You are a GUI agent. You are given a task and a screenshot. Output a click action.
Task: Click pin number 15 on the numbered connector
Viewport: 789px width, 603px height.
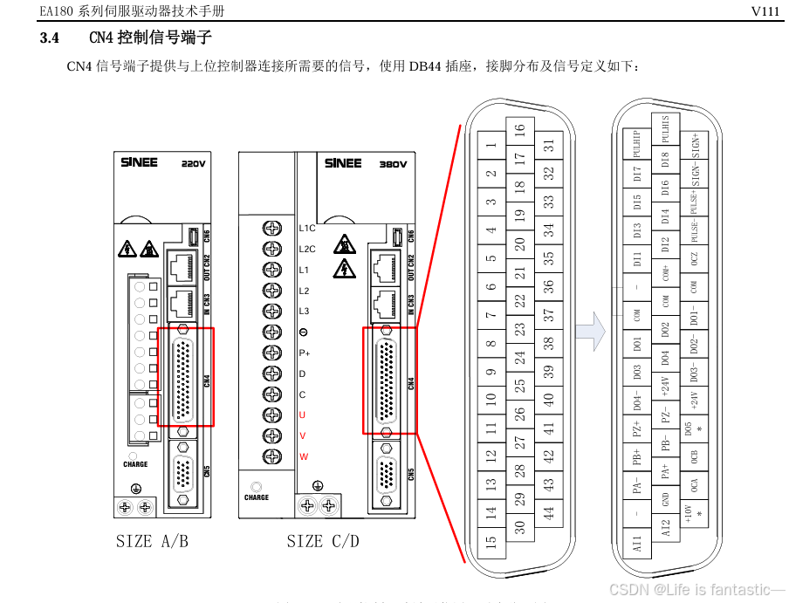click(x=491, y=542)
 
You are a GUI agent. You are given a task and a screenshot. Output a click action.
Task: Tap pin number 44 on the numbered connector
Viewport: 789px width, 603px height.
click(x=549, y=513)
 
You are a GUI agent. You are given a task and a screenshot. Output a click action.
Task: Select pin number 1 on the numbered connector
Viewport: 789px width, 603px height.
click(x=491, y=147)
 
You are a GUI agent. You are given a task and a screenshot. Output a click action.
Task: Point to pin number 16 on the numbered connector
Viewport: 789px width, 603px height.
click(x=520, y=131)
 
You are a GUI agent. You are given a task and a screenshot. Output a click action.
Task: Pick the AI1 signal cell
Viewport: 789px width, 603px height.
click(x=637, y=543)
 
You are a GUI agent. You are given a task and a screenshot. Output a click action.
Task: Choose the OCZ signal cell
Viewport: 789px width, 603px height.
click(x=694, y=257)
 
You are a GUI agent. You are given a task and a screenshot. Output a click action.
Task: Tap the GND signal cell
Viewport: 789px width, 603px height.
click(x=665, y=500)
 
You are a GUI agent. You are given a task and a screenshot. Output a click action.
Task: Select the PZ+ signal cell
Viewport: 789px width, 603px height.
click(x=637, y=428)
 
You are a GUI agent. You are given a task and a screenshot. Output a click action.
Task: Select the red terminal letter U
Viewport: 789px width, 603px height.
click(x=303, y=415)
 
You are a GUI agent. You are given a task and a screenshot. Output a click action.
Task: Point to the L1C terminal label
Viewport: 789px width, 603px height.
click(x=306, y=228)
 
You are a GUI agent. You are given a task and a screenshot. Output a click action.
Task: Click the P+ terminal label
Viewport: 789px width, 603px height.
click(x=305, y=353)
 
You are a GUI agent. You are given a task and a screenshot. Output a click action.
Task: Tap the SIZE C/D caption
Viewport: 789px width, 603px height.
click(x=323, y=542)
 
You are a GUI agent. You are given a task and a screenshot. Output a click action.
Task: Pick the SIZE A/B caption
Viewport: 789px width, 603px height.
click(x=152, y=542)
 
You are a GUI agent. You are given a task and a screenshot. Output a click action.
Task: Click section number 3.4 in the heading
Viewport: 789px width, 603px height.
click(x=50, y=38)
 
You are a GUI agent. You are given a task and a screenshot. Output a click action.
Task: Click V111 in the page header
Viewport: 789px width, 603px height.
click(x=766, y=10)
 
